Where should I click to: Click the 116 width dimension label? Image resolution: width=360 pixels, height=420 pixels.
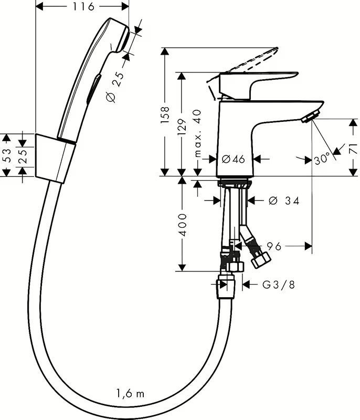pos(83,7)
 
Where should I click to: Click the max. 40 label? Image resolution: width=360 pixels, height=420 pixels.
pos(198,133)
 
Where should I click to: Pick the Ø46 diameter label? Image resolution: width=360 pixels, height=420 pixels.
pos(234,159)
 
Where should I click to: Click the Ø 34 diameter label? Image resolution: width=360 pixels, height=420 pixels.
pos(283,201)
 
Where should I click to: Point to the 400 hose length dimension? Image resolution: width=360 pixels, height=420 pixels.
pos(182,225)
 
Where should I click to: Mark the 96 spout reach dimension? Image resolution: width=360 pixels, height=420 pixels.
pos(273,245)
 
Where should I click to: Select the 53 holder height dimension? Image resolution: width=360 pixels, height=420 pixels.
pos(7,155)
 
